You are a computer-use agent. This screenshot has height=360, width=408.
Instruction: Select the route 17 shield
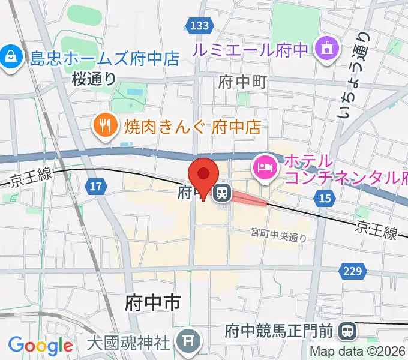[95, 187]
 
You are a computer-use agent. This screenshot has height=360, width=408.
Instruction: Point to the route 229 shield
[353, 272]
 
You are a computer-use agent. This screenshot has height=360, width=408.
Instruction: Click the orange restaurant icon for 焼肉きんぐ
[107, 125]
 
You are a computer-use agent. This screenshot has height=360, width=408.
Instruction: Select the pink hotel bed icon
[265, 166]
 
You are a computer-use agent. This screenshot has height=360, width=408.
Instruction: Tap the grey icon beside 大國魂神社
[187, 342]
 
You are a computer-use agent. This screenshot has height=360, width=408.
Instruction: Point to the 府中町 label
[242, 82]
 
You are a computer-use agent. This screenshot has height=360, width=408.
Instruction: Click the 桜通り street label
[94, 78]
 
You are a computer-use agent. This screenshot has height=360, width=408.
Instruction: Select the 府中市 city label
[152, 302]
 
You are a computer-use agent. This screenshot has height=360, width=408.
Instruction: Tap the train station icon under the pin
[222, 193]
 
